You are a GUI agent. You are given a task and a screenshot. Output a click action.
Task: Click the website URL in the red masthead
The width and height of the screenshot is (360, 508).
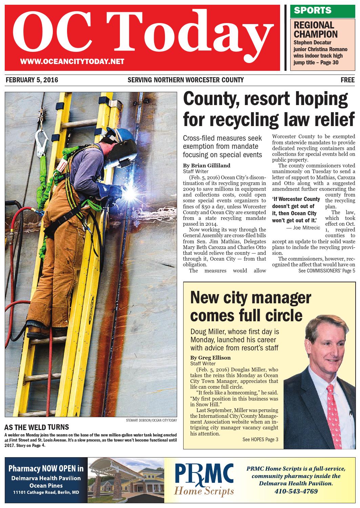(72, 61)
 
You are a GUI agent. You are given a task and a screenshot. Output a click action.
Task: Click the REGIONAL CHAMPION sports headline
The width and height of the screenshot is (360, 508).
(315, 29)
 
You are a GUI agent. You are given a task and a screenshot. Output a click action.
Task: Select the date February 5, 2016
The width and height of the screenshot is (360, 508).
(32, 80)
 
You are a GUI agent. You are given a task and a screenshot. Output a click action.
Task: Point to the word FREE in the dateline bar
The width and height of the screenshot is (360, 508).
(347, 80)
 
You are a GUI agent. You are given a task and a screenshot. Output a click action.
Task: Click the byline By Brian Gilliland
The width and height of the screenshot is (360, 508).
(206, 165)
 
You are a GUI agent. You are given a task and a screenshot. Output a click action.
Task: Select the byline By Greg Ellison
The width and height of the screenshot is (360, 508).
(210, 358)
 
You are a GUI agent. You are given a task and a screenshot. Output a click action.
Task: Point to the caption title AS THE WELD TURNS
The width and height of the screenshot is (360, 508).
(36, 427)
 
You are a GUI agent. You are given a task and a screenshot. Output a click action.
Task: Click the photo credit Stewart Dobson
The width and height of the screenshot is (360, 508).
(151, 421)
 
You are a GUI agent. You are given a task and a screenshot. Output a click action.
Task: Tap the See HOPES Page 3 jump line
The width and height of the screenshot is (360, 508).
(260, 440)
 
